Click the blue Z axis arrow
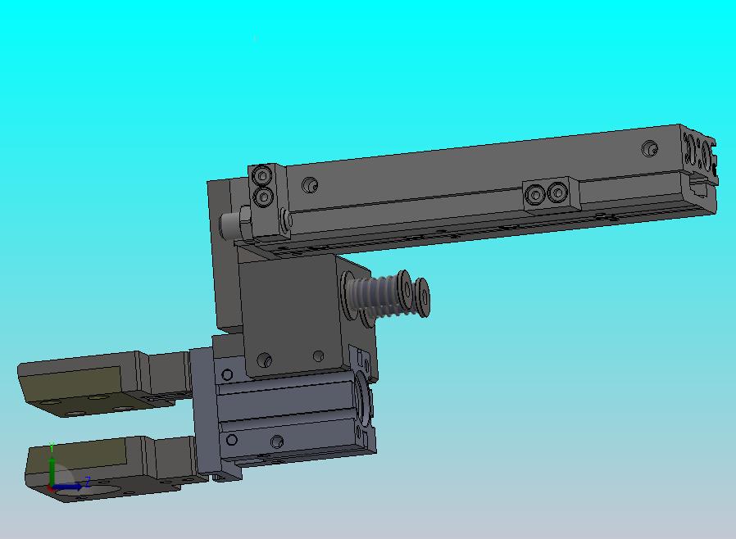(x=67, y=487)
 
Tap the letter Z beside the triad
(x=87, y=482)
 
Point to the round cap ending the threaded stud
(x=423, y=297)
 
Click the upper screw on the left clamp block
(x=262, y=176)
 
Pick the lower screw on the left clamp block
(x=263, y=197)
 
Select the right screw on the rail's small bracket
(x=557, y=192)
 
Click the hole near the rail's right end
(x=650, y=148)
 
